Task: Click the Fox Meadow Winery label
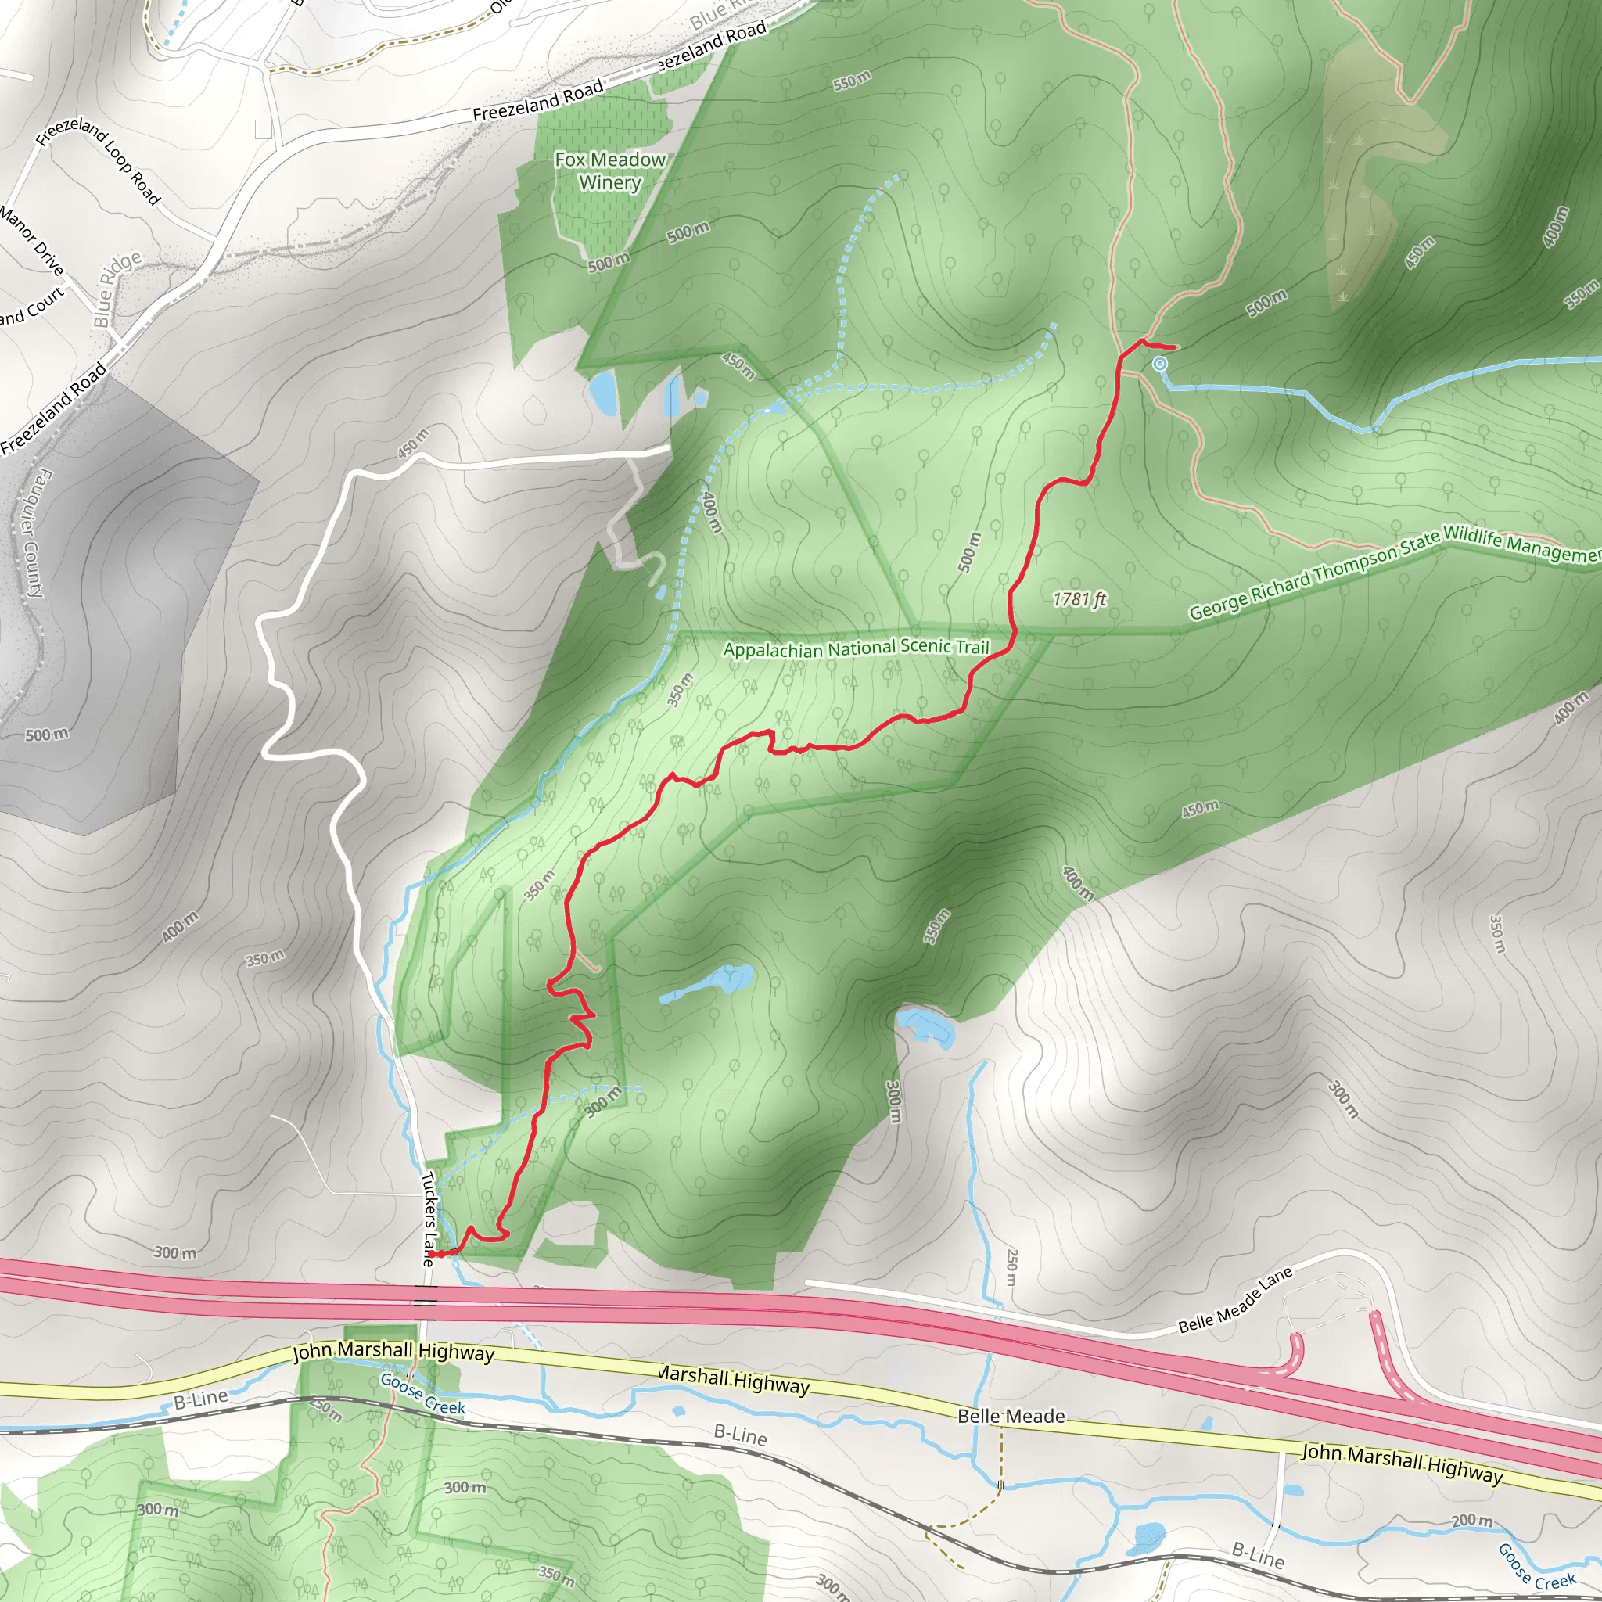609,171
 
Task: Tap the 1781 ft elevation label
1079,598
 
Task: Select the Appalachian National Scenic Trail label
857,648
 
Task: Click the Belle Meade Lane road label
1234,1301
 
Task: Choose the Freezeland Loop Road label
98,160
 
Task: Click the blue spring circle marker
1160,364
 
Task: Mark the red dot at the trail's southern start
432,1255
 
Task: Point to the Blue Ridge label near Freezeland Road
117,289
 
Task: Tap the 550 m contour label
852,81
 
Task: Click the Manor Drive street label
31,240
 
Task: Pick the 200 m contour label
1471,1520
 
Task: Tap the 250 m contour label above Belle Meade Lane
1011,1267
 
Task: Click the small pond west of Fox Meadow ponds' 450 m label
603,392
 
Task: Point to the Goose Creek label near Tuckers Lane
422,1394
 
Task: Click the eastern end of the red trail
1176,347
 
